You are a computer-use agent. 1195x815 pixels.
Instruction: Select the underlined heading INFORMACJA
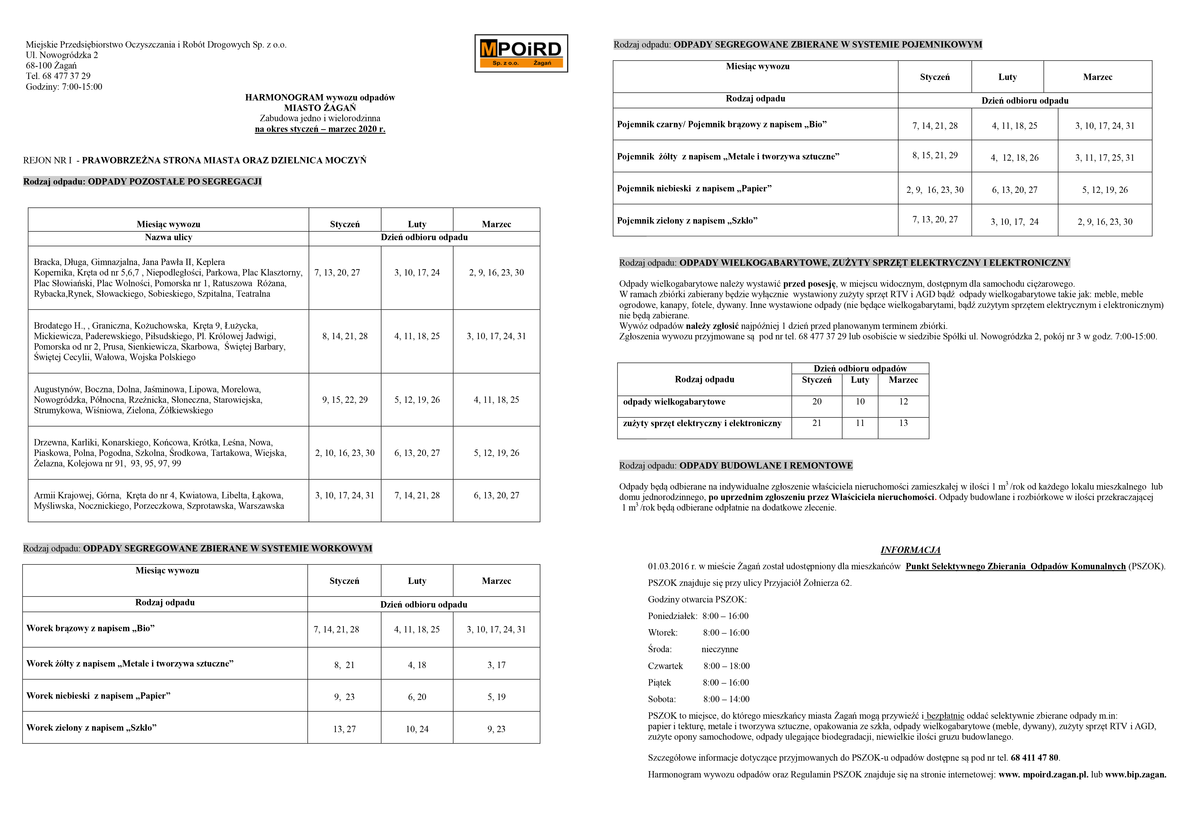tap(910, 550)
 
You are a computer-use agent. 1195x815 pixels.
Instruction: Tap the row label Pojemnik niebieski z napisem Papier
tap(694, 188)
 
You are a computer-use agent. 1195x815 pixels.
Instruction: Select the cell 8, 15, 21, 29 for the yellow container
tap(935, 155)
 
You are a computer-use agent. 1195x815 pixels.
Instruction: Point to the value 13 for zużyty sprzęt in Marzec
tap(903, 423)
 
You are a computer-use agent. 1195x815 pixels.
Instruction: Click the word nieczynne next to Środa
tap(719, 649)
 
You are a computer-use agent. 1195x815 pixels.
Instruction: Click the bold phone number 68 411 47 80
tap(1034, 757)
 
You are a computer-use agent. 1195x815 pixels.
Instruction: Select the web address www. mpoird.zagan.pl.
tap(1043, 774)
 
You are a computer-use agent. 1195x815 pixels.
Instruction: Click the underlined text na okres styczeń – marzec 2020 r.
tap(320, 129)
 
